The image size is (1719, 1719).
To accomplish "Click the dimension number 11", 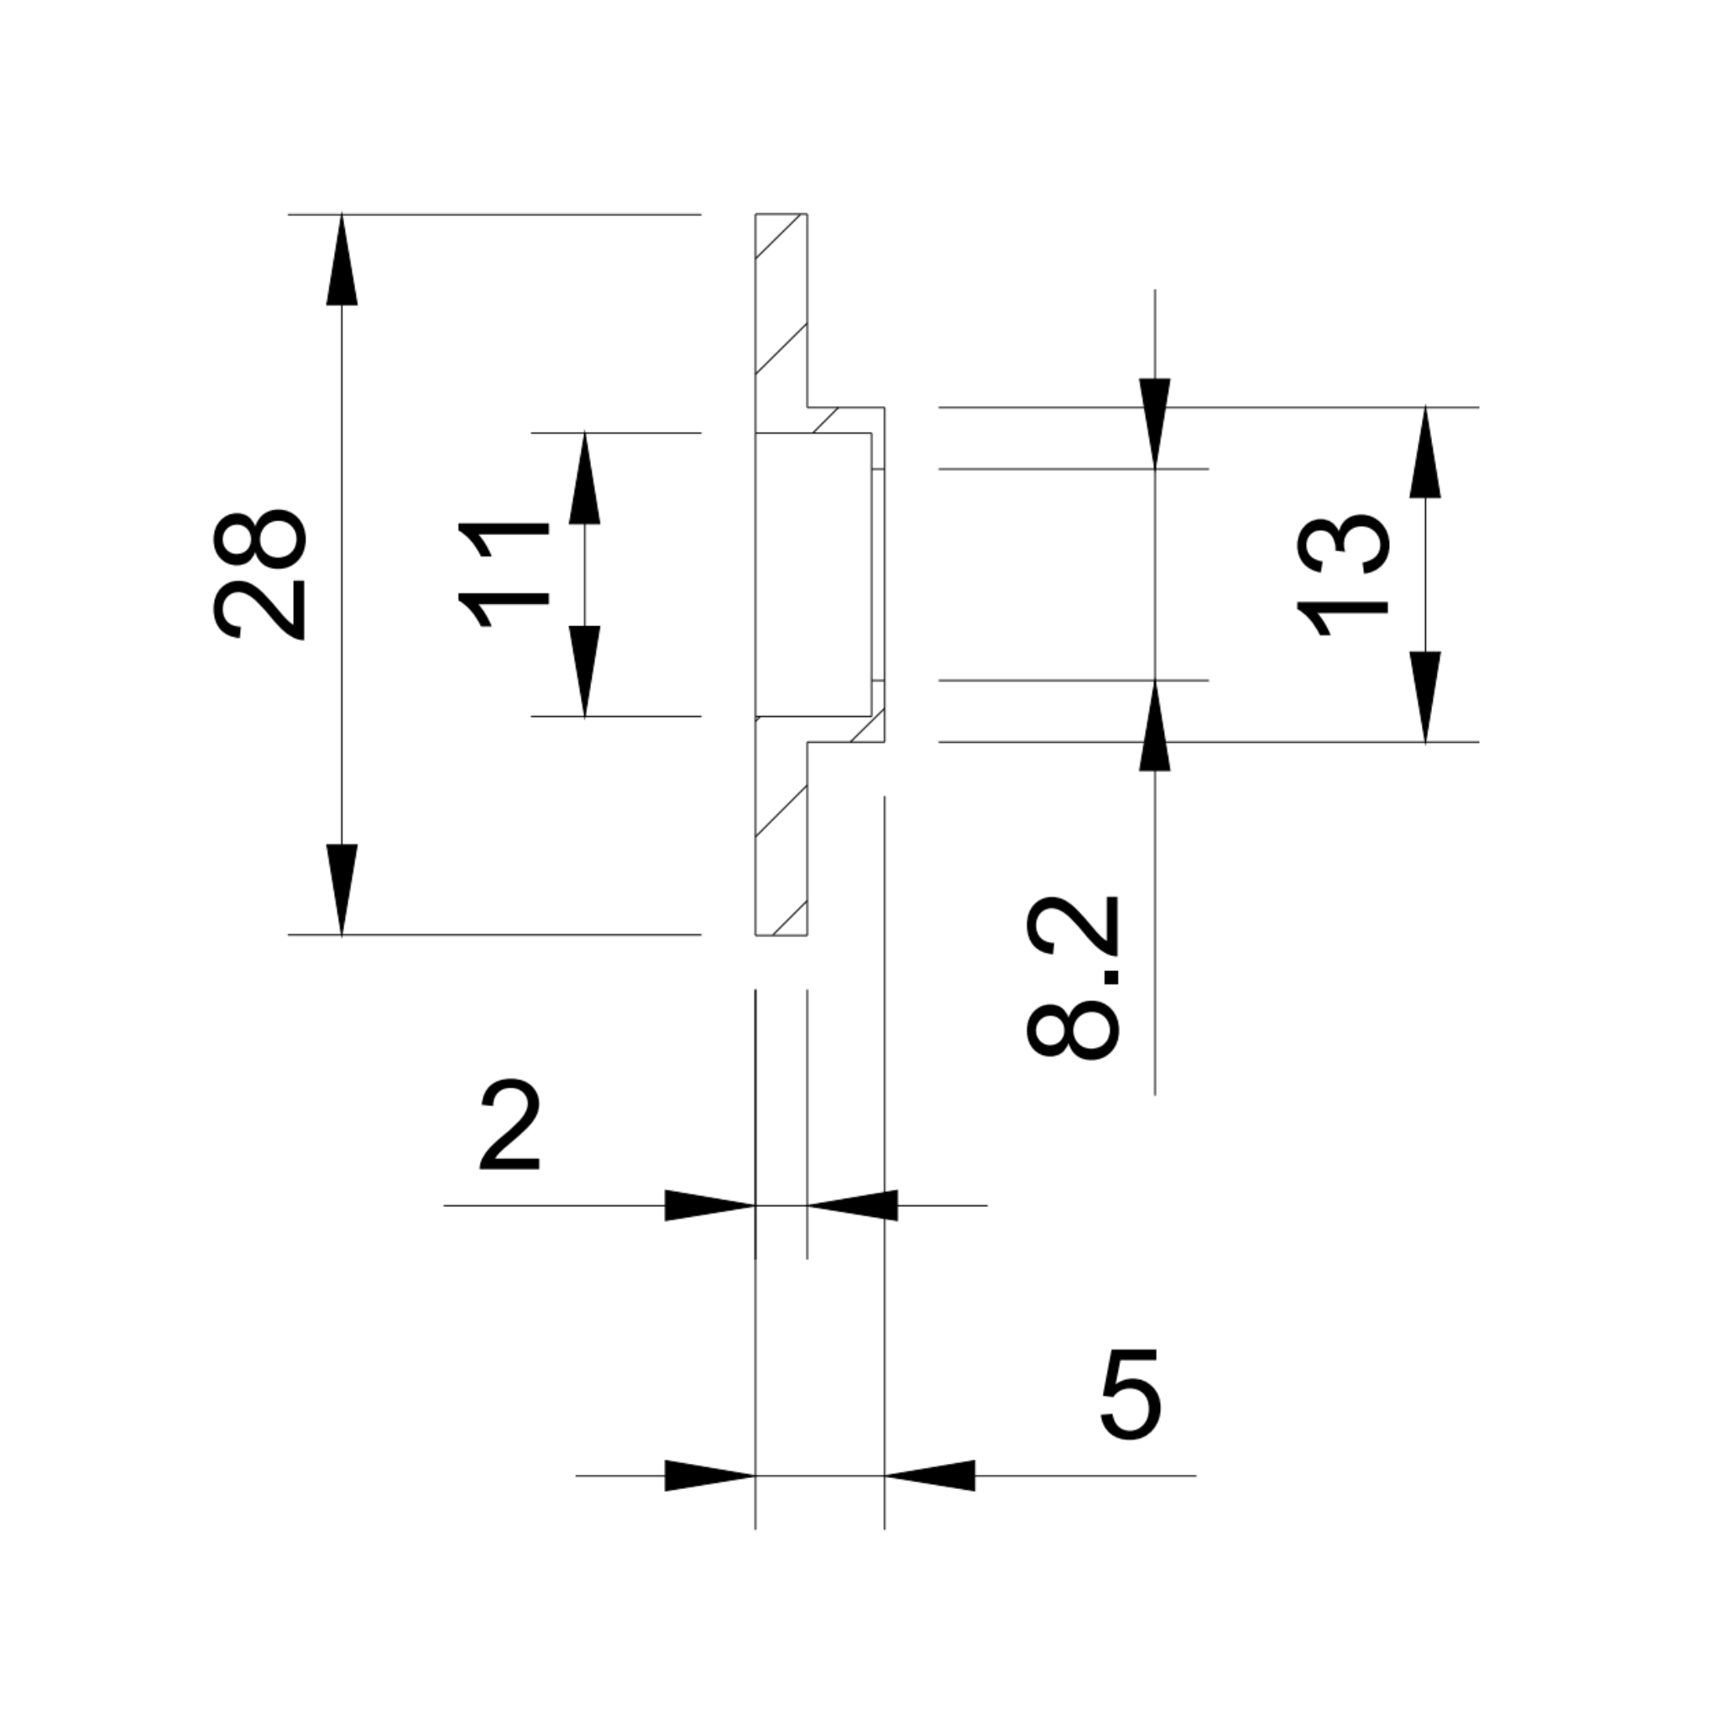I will click(504, 576).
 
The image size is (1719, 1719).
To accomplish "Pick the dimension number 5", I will click(1131, 1395).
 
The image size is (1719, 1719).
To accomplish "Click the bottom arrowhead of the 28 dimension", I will click(342, 887).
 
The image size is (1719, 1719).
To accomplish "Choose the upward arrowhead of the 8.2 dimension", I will click(1155, 727).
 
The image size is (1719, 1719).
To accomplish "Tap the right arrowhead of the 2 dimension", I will click(854, 1205).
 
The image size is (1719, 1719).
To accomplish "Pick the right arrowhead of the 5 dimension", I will click(931, 1476).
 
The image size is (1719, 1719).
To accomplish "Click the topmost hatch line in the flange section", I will click(780, 236).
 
